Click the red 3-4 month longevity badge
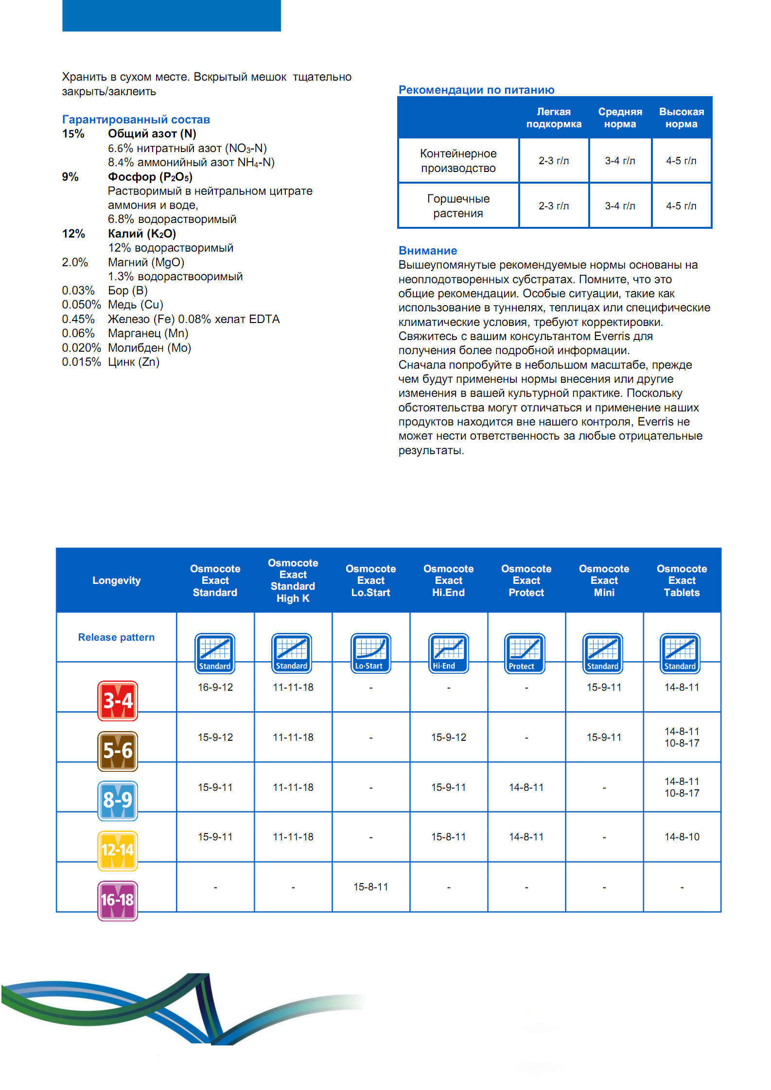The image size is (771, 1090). point(118,700)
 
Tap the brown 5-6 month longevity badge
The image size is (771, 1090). point(118,751)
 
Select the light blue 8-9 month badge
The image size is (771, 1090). point(118,800)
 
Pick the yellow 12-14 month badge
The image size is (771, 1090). point(118,851)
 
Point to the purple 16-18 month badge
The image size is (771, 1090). point(118,901)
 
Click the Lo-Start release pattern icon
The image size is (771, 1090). point(370,653)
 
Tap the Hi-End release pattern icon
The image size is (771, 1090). point(448,653)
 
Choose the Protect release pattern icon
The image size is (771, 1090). point(525,653)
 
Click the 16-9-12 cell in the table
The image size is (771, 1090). point(215,687)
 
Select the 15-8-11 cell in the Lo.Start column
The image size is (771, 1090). point(371,887)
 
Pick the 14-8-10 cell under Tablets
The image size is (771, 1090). point(682,837)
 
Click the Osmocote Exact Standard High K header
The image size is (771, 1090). point(293,580)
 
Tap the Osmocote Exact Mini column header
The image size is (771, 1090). point(604,580)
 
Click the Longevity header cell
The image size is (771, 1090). point(117,580)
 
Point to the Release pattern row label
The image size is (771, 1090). point(117,637)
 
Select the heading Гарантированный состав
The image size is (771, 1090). point(136,119)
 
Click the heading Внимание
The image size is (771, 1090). point(428,251)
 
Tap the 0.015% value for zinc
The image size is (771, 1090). point(81,362)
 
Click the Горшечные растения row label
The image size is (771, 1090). point(458,206)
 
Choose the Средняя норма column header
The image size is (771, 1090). point(620,118)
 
